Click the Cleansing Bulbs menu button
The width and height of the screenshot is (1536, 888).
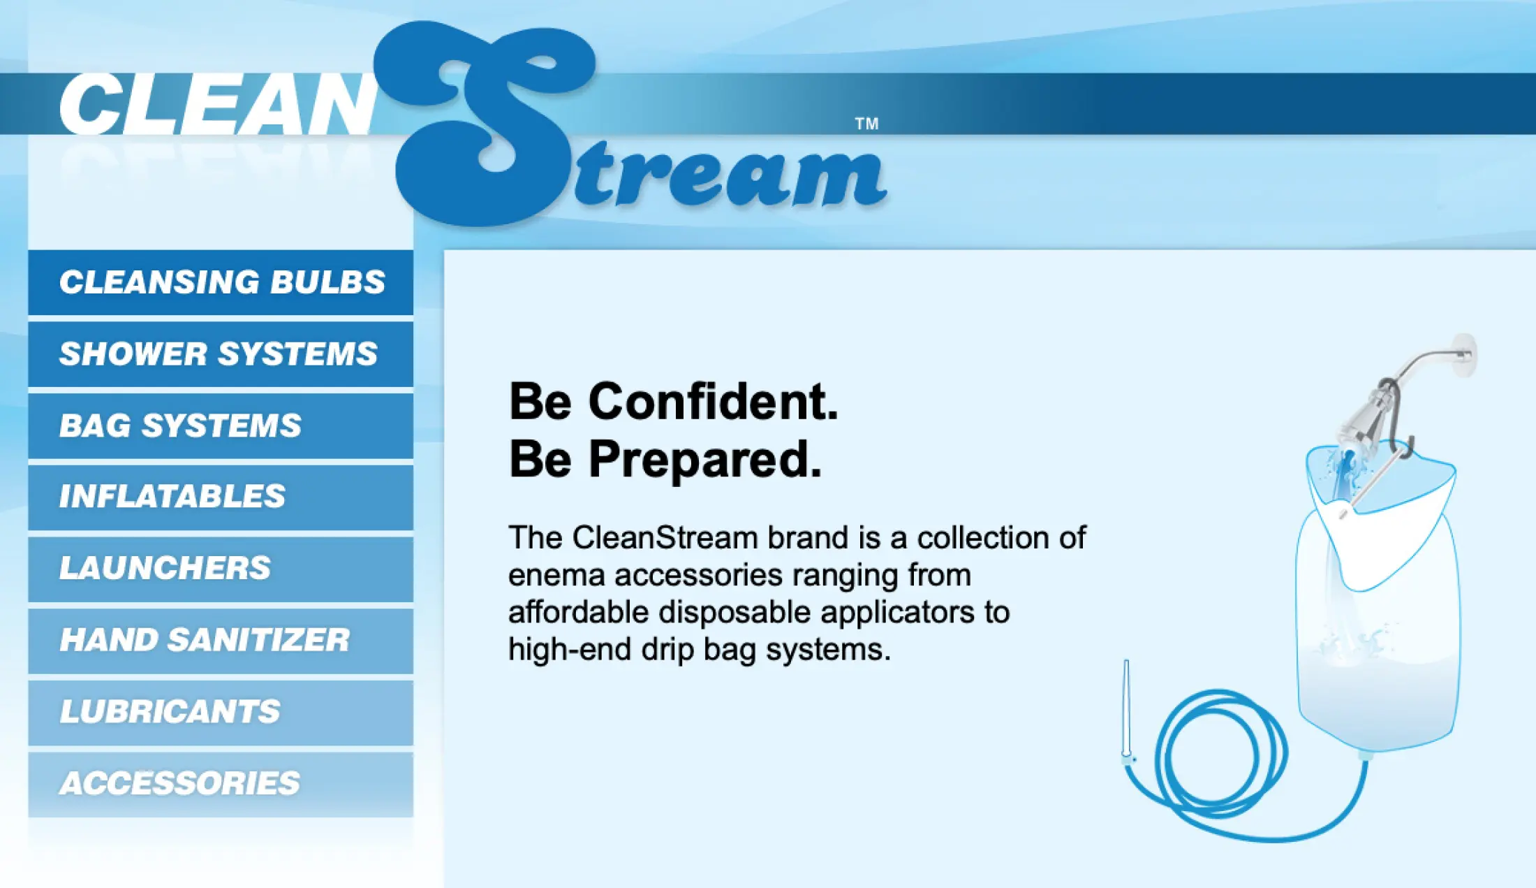(x=221, y=282)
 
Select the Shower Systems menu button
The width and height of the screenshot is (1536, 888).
(x=221, y=354)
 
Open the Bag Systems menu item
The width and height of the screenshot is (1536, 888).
(x=221, y=426)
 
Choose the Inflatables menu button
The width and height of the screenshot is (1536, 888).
(x=221, y=497)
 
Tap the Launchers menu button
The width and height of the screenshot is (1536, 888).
(x=221, y=569)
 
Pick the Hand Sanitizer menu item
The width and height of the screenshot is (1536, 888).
(x=221, y=641)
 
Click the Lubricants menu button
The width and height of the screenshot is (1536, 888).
(x=221, y=713)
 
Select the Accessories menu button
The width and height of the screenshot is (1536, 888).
(x=221, y=784)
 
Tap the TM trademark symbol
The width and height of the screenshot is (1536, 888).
(x=866, y=124)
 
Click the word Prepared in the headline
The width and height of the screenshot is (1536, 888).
(x=704, y=460)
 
